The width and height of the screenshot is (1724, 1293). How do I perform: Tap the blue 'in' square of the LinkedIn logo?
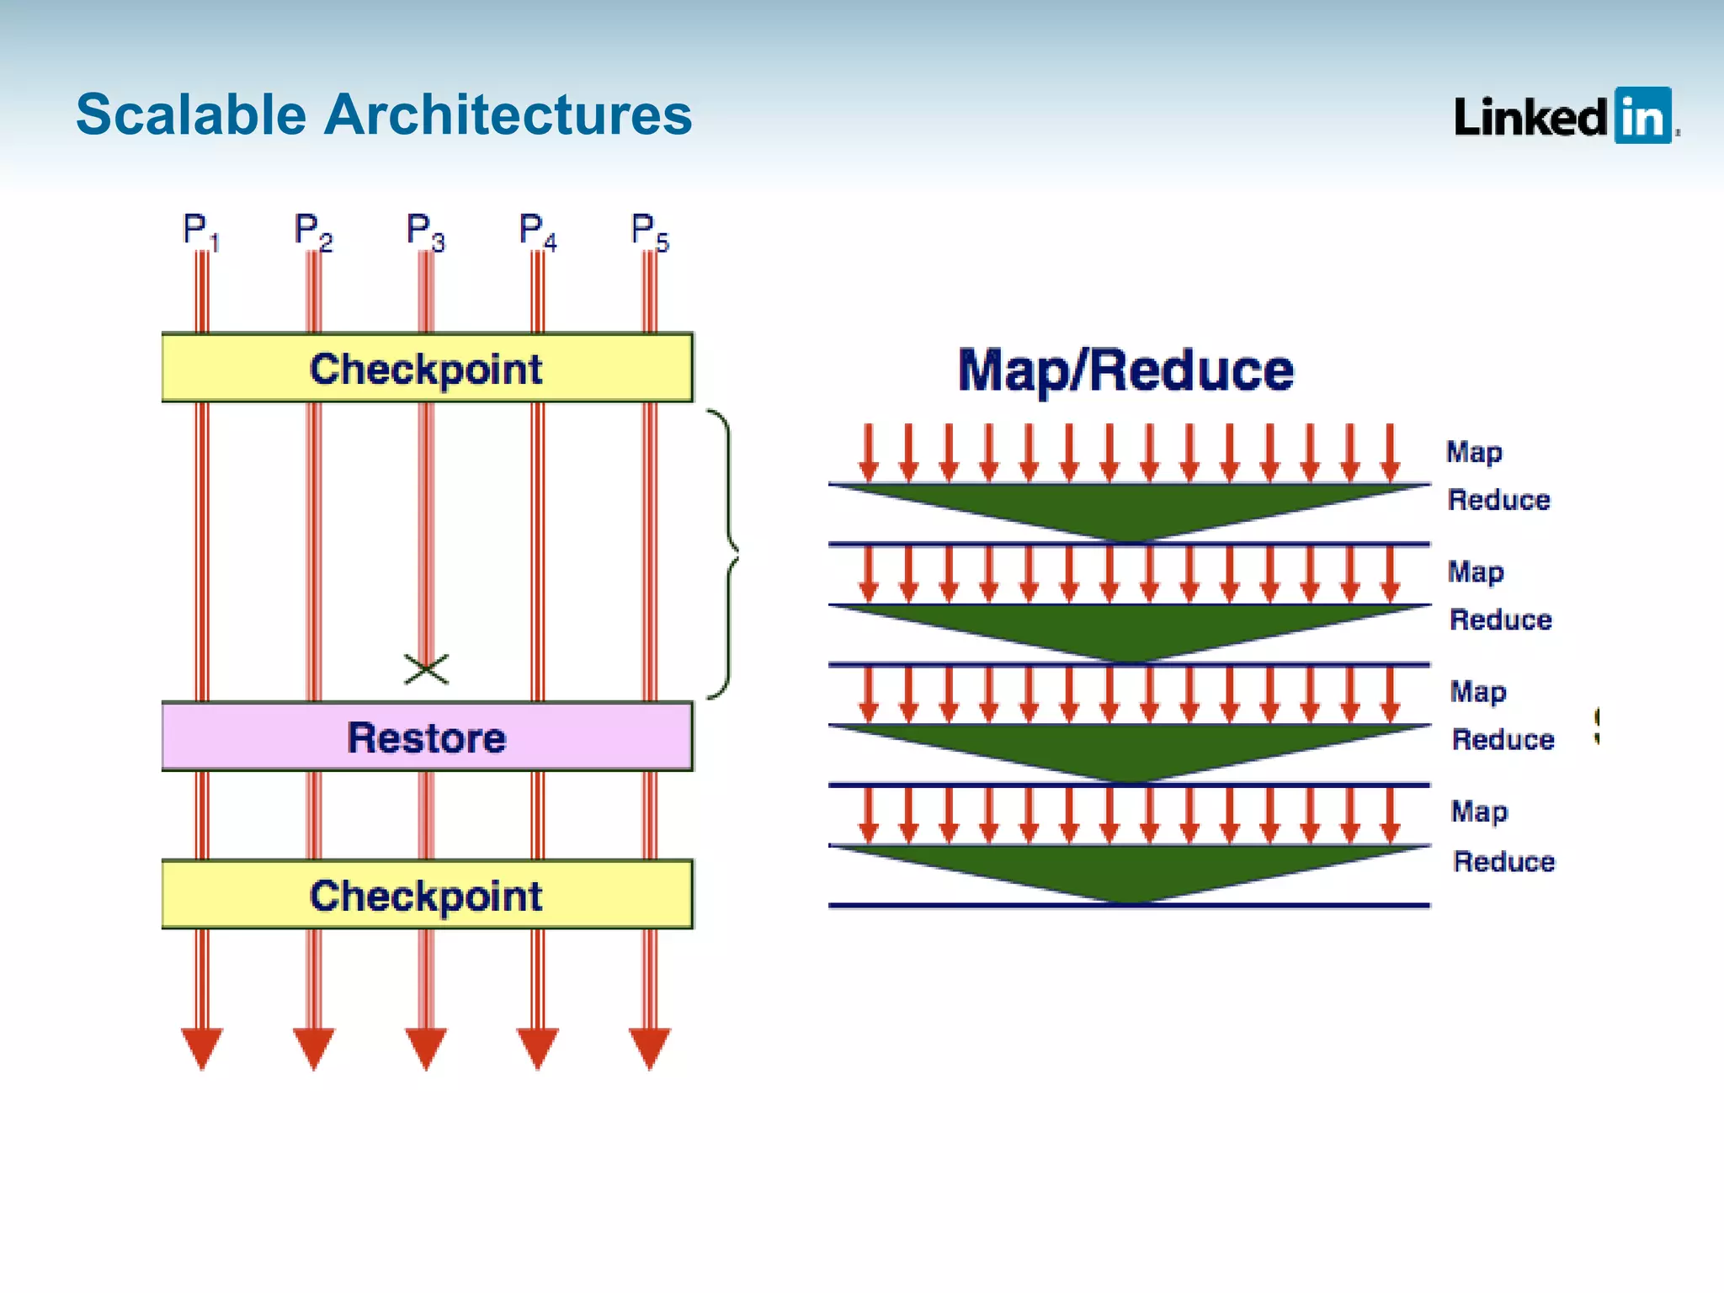[x=1642, y=115]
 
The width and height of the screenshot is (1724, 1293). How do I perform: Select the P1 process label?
[x=200, y=231]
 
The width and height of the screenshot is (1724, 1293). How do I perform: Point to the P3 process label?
[x=424, y=231]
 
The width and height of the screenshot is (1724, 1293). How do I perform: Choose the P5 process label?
[x=649, y=231]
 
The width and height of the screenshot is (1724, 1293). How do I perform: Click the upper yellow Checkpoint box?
[x=427, y=368]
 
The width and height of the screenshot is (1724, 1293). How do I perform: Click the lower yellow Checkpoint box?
[x=427, y=895]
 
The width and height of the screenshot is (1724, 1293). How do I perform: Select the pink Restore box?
[x=427, y=737]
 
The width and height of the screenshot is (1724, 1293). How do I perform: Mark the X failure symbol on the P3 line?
[x=427, y=669]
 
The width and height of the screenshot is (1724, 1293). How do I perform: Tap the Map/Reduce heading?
[x=1125, y=370]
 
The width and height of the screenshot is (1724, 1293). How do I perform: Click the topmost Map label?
[x=1474, y=452]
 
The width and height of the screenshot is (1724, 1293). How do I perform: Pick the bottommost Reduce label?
[x=1503, y=861]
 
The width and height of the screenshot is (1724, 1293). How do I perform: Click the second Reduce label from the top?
[x=1500, y=620]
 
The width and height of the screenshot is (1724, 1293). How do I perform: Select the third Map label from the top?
[x=1478, y=692]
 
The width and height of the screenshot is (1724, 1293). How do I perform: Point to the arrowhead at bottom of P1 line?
[x=202, y=1046]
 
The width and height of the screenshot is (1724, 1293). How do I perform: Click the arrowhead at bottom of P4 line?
[x=537, y=1046]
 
